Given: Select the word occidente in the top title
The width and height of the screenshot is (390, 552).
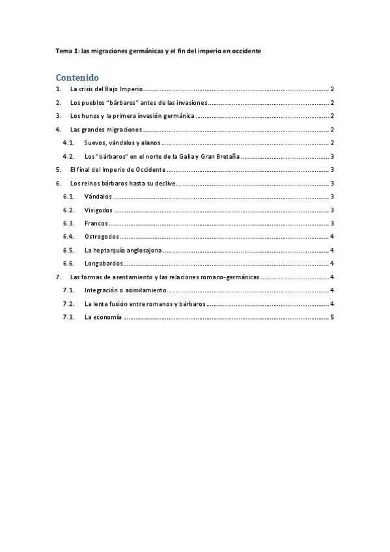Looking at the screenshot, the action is [x=242, y=51].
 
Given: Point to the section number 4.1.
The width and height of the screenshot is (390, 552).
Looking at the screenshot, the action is [x=68, y=143].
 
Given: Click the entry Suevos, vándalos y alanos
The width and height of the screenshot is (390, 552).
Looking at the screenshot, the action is [x=122, y=143].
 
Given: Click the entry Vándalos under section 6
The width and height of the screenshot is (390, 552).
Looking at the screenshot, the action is [x=98, y=197].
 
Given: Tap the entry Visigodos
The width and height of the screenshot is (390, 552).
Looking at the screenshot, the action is [x=98, y=210].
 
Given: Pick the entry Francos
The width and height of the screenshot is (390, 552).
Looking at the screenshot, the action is [x=96, y=224].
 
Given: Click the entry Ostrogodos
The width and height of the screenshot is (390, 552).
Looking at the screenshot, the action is [x=102, y=237].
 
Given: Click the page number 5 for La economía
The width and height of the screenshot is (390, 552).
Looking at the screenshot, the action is [x=332, y=318].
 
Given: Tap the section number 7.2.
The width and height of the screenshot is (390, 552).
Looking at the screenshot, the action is [x=68, y=304].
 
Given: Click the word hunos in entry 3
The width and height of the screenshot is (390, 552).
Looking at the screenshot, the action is [x=89, y=117].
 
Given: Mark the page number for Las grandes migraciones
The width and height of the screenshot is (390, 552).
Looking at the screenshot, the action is [x=332, y=130].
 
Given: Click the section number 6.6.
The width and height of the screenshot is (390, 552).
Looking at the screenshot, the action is [x=68, y=264].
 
